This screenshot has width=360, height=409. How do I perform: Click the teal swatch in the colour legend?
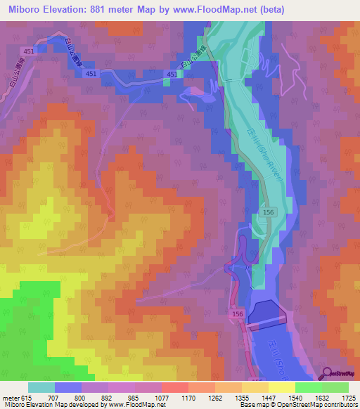pos(41,387)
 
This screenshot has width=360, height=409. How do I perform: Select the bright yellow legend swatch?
pos(281,387)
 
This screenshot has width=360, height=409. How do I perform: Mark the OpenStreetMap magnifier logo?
pos(328,373)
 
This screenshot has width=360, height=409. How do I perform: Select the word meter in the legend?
pos(12,398)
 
